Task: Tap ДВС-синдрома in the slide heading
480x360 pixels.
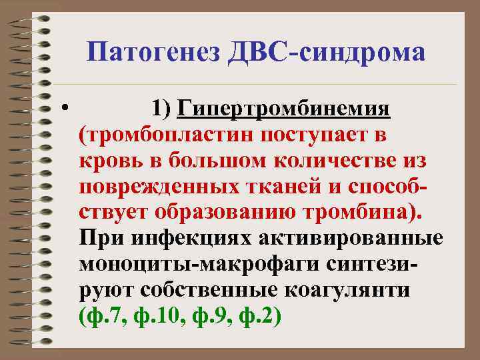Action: click(x=327, y=51)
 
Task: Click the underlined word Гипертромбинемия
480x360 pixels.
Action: click(x=285, y=108)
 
